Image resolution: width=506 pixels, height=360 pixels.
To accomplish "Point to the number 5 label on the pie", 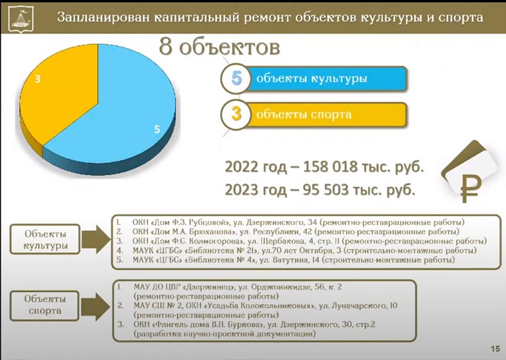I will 157,129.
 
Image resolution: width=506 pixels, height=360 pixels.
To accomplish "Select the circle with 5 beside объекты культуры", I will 236,79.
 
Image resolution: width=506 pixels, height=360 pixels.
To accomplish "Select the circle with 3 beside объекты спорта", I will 236,114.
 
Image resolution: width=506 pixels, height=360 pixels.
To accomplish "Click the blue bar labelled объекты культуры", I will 326,79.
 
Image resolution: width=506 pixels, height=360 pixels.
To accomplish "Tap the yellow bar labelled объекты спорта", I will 326,114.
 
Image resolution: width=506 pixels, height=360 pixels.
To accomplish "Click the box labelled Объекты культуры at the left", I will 46,240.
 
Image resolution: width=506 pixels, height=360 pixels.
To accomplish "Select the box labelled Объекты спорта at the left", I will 46,305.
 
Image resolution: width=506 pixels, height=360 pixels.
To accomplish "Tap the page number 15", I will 495,349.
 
